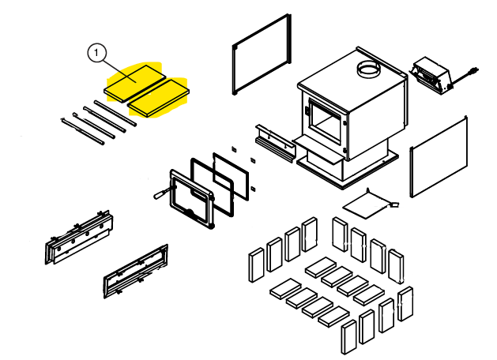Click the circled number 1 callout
[96, 53]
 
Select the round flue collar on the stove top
[368, 69]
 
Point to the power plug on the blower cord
[475, 70]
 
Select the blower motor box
[431, 76]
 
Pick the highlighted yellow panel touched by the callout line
[135, 83]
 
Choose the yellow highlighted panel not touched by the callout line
[158, 98]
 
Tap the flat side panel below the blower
[439, 156]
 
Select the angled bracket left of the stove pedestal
[275, 143]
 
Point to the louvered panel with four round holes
[80, 237]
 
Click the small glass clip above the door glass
[234, 148]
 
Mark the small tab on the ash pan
[394, 204]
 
